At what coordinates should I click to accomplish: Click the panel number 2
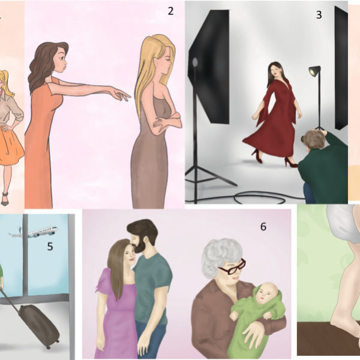pos(170,11)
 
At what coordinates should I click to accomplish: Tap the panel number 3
pos(319,15)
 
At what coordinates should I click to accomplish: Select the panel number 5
pos(50,247)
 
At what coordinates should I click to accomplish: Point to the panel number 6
pos(263,227)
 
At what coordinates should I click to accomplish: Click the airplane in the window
pos(33,232)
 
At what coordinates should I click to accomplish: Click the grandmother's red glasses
pos(232,267)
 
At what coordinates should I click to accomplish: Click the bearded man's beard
pos(139,245)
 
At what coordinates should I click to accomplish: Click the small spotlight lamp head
pos(314,71)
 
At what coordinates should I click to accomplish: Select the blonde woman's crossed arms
pos(166,121)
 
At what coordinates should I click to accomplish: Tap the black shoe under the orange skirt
pos(5,199)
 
